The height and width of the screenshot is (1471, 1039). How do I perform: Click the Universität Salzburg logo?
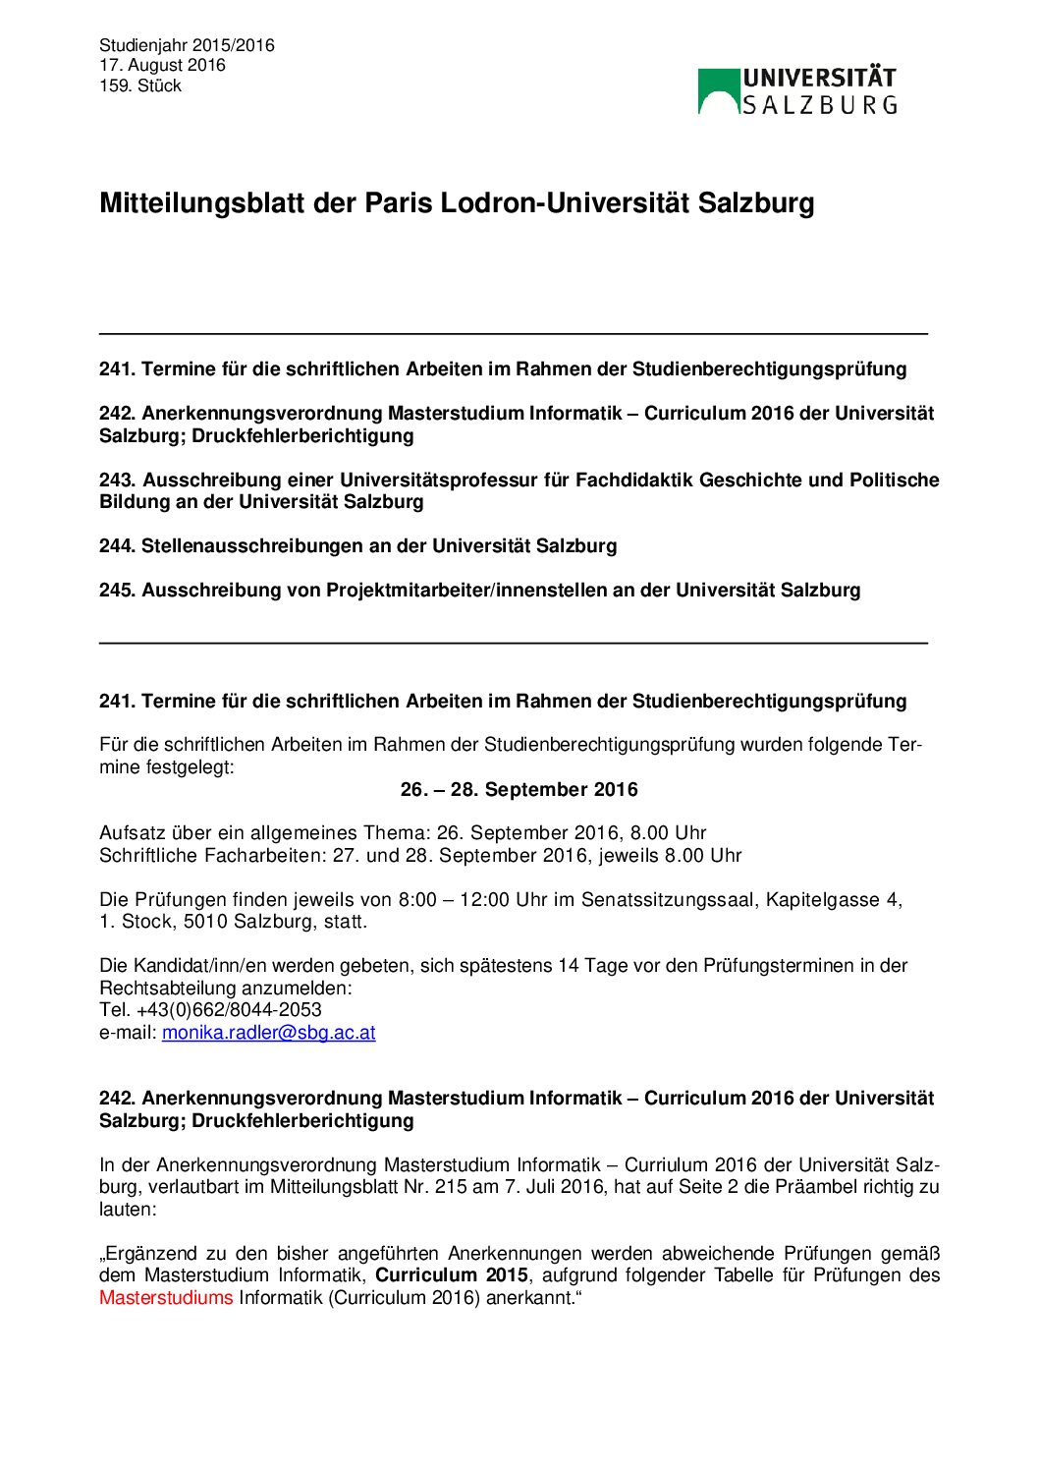[x=796, y=91]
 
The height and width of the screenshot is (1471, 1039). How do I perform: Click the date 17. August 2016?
[x=162, y=66]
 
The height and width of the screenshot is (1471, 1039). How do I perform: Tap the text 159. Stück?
[x=140, y=86]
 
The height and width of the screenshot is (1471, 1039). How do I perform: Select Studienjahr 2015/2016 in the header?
[x=187, y=45]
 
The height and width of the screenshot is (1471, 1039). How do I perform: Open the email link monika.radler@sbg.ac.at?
[x=268, y=1033]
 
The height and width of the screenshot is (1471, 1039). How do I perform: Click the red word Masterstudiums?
[x=166, y=1298]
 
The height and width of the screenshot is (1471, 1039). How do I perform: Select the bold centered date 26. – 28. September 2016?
[x=519, y=790]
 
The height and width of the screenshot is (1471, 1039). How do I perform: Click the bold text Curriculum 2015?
[x=452, y=1275]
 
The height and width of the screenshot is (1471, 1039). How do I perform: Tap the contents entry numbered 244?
[x=358, y=546]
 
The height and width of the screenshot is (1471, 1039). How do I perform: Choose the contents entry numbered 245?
[x=479, y=591]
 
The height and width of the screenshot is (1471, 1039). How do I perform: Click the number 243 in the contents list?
[x=117, y=481]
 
